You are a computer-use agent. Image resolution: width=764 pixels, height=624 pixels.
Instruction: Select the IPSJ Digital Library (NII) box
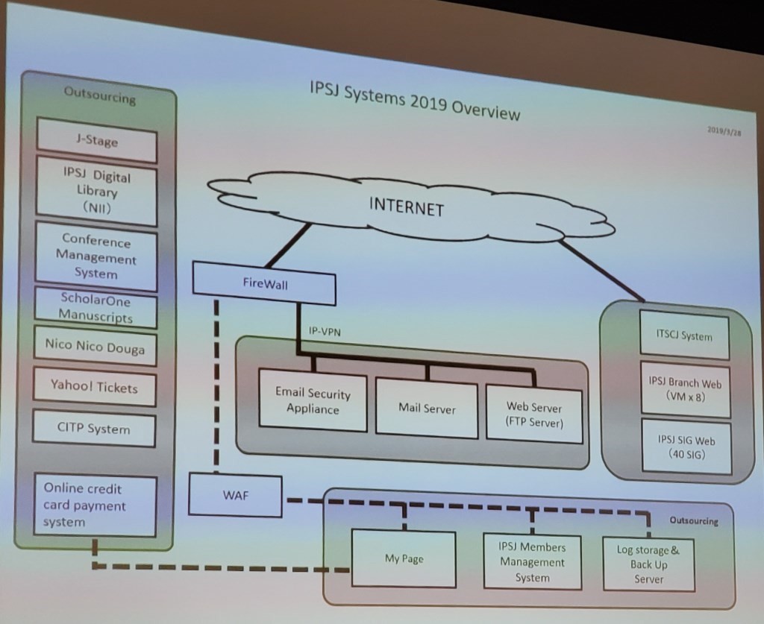(96, 191)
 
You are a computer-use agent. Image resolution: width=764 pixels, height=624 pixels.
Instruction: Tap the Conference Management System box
(96, 257)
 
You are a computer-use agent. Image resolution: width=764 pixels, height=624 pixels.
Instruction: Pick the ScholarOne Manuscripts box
(95, 307)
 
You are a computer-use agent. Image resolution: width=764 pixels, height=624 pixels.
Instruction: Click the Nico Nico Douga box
(95, 346)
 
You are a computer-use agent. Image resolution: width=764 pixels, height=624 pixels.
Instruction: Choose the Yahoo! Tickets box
(94, 386)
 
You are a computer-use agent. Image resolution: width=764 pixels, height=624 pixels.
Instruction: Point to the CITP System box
(94, 429)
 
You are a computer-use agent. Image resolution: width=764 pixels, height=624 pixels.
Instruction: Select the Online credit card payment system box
(95, 505)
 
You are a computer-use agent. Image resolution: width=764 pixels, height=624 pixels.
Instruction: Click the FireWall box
(264, 284)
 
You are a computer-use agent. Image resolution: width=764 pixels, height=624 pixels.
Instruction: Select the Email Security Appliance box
(313, 400)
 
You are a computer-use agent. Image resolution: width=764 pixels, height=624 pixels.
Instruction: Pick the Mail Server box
(426, 408)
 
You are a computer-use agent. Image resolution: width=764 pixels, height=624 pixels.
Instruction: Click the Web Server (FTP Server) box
(533, 415)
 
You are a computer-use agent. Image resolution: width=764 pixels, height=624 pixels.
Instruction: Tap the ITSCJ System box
(684, 336)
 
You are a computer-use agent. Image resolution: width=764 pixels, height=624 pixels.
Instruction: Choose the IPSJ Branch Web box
(684, 388)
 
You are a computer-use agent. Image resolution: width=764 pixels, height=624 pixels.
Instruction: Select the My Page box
(403, 558)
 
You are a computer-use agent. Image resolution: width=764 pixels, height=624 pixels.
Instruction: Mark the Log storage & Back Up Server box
(648, 564)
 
